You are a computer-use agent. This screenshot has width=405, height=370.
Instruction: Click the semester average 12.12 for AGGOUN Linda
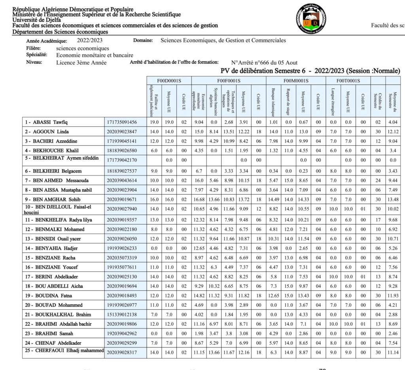coord(393,132)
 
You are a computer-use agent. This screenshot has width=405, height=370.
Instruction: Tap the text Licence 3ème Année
coord(81,63)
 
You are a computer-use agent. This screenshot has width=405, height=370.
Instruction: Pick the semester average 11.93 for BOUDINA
coord(393,295)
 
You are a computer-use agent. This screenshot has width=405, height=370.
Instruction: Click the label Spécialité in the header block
coord(37,55)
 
